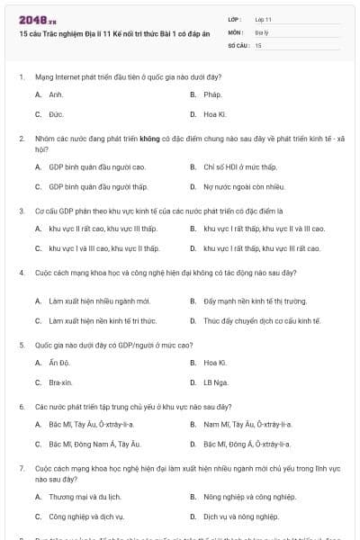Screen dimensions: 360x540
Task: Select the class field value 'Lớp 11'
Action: [x=264, y=18]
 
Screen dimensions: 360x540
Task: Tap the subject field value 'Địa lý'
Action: [x=261, y=31]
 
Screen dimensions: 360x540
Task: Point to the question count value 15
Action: [x=258, y=43]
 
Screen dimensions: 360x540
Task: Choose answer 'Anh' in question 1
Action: [x=56, y=94]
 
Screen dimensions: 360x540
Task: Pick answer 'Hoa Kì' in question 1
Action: [x=215, y=114]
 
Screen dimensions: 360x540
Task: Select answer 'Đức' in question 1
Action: [x=56, y=114]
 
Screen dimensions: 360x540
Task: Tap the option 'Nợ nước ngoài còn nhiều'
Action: [x=238, y=186]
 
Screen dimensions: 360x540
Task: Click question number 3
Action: [x=21, y=211]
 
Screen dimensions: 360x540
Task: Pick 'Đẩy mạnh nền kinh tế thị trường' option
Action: [x=255, y=300]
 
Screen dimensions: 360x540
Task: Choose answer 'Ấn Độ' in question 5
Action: [x=59, y=363]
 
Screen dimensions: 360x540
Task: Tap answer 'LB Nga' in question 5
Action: [x=216, y=382]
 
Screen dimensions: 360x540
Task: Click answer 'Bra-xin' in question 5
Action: [x=61, y=382]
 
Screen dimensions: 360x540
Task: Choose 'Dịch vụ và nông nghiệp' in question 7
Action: [x=238, y=517]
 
